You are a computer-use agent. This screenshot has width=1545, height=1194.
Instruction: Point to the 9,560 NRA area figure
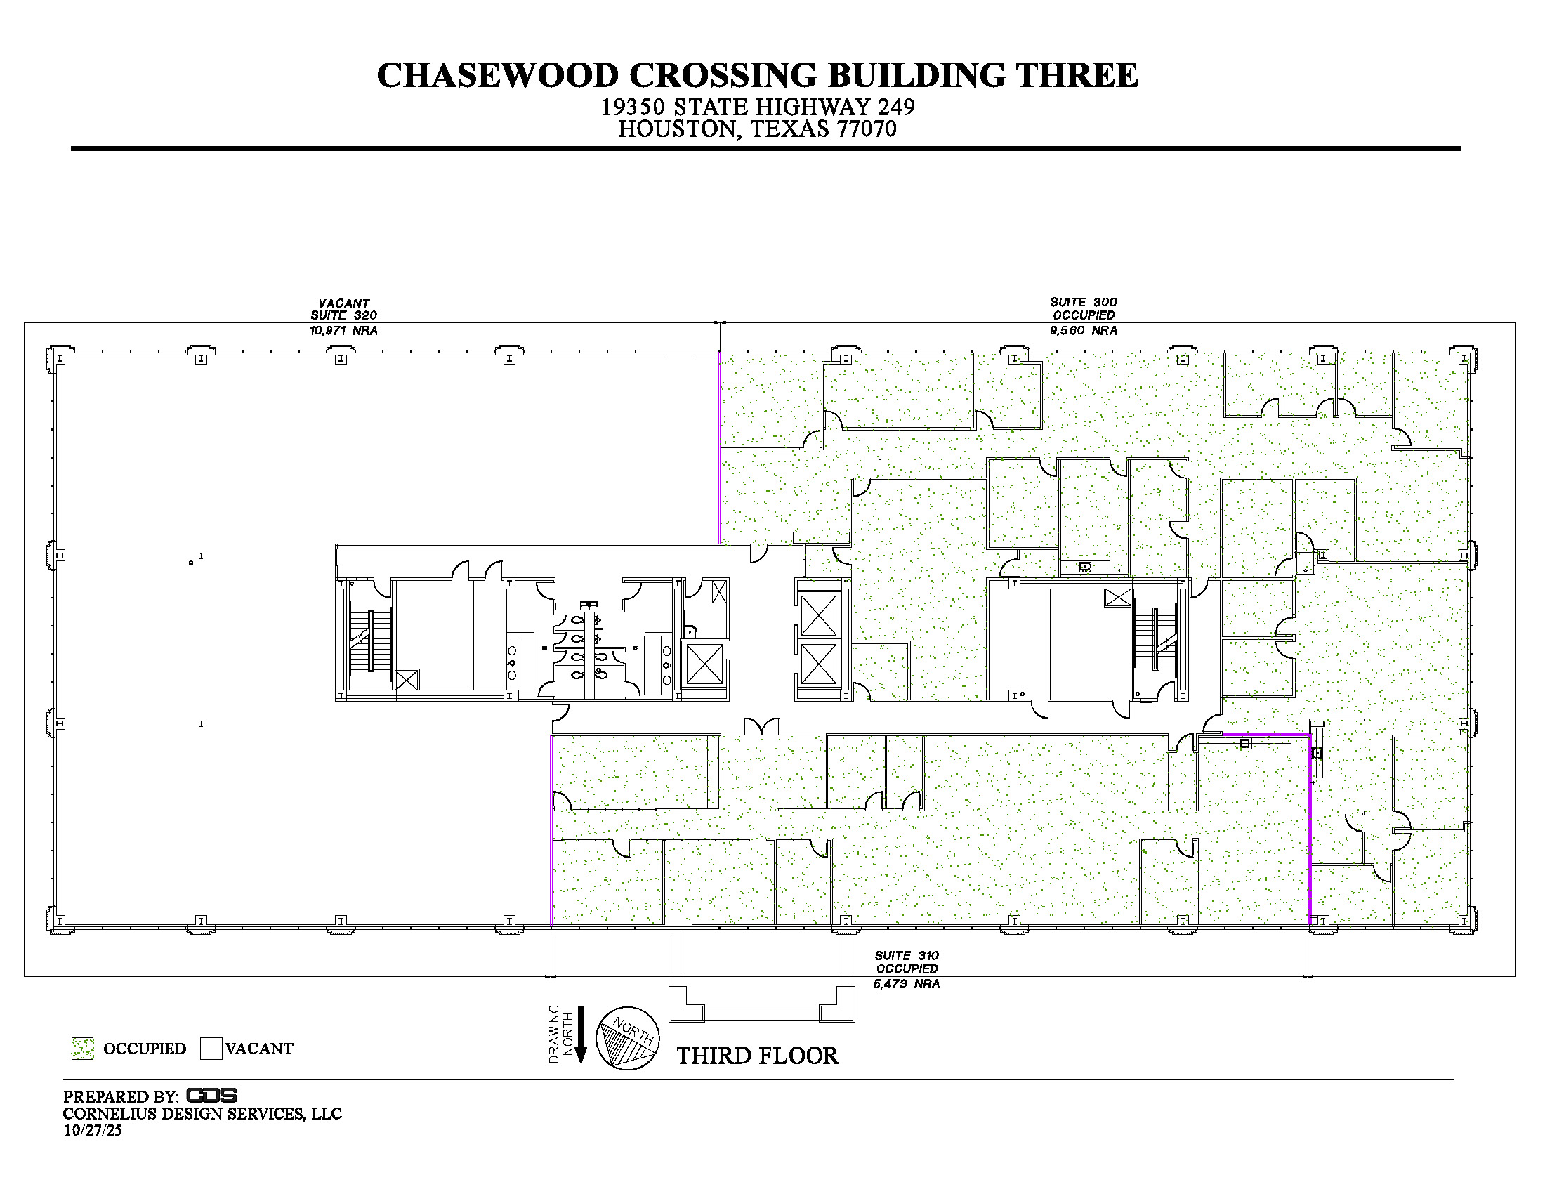click(x=1083, y=330)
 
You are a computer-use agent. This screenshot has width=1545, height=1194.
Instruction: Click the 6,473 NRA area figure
click(x=906, y=984)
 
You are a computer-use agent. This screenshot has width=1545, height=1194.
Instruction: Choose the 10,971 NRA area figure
click(x=343, y=330)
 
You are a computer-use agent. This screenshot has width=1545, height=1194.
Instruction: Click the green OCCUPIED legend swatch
click(x=83, y=1049)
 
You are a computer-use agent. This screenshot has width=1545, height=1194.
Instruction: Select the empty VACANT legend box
click(x=211, y=1049)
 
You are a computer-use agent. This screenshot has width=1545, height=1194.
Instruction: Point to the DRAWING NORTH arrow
click(x=580, y=1034)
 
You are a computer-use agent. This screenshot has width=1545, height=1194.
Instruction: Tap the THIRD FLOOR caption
click(x=758, y=1056)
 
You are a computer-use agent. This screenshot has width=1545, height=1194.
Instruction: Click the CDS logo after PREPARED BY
click(x=211, y=1096)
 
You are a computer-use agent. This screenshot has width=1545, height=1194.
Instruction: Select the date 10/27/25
click(x=93, y=1130)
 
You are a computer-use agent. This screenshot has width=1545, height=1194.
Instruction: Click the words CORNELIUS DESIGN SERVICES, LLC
click(x=202, y=1114)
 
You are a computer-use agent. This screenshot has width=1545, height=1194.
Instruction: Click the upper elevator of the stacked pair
click(x=818, y=615)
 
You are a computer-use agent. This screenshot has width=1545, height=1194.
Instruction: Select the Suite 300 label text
click(x=1084, y=302)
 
